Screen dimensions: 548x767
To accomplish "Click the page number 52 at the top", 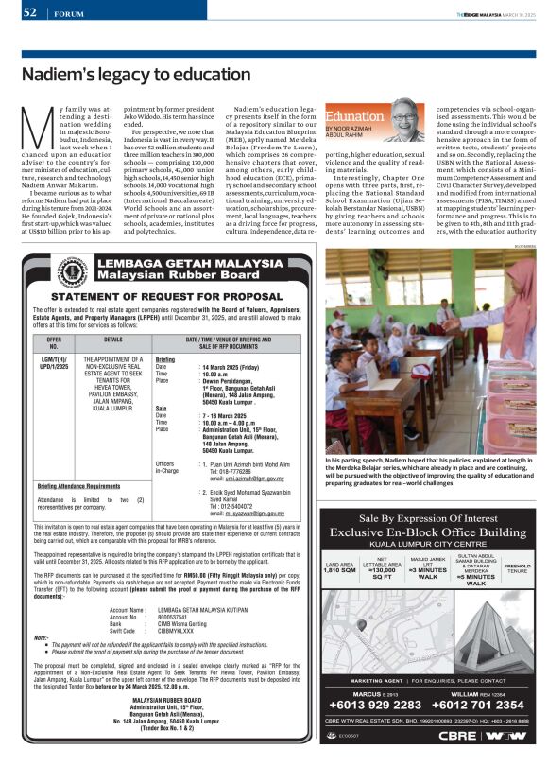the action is pos(29,12).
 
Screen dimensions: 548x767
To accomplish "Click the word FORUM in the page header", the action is pos(69,14).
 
